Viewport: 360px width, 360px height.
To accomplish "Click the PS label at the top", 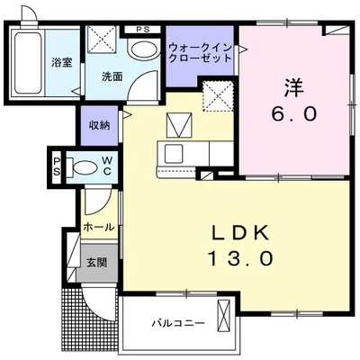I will click(141, 29).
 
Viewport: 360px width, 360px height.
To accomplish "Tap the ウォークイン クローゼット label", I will click(200, 51).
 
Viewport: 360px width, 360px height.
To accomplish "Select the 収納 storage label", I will click(99, 125).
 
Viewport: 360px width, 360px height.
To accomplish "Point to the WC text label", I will click(106, 166).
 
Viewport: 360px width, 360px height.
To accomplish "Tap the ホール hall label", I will click(98, 228).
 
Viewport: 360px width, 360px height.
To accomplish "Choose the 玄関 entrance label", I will click(96, 262).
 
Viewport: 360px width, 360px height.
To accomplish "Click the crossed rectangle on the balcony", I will click(225, 320).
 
